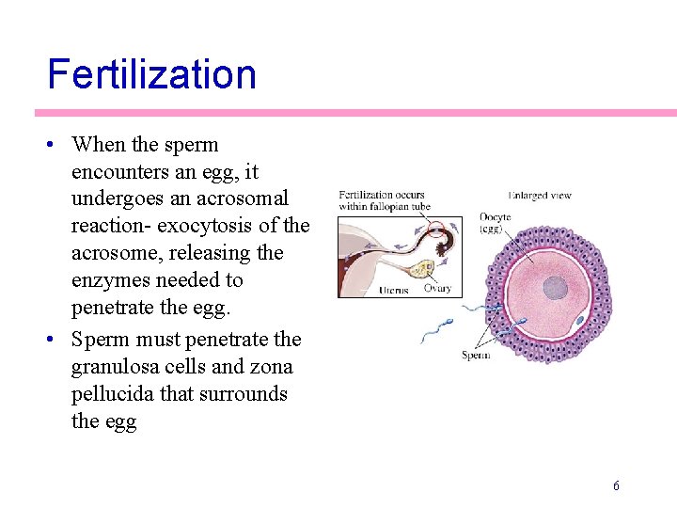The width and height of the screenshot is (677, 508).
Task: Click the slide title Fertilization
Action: [x=151, y=73]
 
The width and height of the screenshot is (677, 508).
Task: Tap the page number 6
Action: [x=616, y=485]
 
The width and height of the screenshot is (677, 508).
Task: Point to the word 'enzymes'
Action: [x=110, y=280]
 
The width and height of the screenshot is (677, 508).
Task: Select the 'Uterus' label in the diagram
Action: [x=394, y=290]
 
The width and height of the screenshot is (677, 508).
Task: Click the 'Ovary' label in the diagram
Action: [x=437, y=289]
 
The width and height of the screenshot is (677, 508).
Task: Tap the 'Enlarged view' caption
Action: [x=540, y=196]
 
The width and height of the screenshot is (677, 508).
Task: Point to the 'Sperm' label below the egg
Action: [x=476, y=355]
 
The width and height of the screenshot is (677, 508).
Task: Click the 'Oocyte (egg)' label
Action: [x=495, y=223]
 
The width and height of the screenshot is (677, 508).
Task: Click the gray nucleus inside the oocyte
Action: [x=557, y=288]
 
